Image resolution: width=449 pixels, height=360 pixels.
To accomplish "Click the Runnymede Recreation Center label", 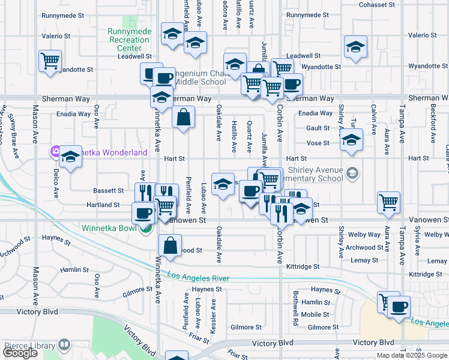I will pyautogui.click(x=128, y=40).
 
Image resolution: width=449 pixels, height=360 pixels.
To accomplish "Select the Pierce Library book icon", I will pyautogui.click(x=64, y=345).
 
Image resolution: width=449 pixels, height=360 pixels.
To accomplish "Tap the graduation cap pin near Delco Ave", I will pyautogui.click(x=71, y=157).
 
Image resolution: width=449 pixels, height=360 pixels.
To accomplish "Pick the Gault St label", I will pyautogui.click(x=318, y=128).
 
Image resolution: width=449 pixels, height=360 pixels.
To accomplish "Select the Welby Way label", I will pyautogui.click(x=367, y=235).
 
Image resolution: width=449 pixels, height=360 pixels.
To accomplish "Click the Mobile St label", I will pyautogui.click(x=315, y=314).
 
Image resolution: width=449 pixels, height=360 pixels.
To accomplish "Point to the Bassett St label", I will pyautogui.click(x=107, y=190).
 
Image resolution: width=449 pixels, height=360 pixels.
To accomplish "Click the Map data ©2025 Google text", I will pyautogui.click(x=411, y=355).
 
